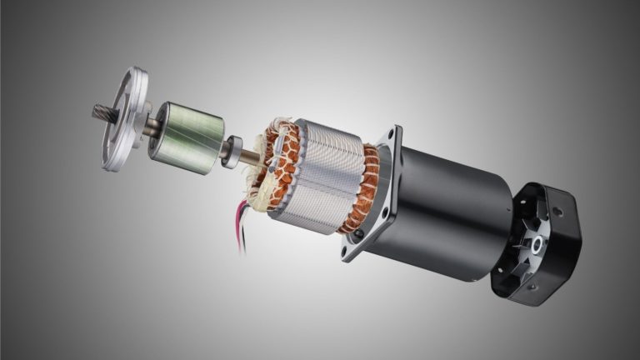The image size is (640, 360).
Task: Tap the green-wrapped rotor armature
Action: (x=186, y=137)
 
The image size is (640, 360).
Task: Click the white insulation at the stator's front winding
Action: (x=265, y=184)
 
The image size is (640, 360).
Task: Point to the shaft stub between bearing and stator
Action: (x=247, y=156)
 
